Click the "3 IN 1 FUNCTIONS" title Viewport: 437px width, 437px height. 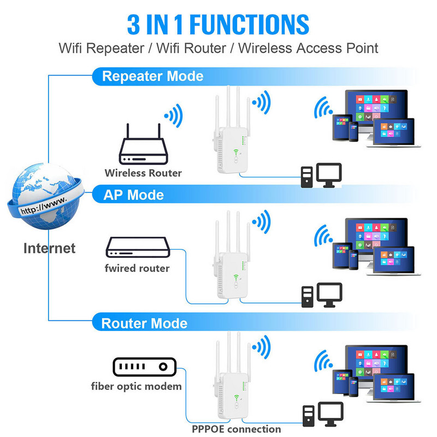[218, 24]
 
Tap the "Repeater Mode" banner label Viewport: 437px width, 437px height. [152, 76]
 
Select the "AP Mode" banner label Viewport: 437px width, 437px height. [133, 194]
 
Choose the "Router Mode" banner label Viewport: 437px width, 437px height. [144, 323]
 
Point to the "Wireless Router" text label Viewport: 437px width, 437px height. [143, 173]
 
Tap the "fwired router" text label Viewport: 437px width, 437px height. [137, 268]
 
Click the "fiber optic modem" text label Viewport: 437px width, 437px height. [136, 387]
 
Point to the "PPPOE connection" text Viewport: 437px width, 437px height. [236, 429]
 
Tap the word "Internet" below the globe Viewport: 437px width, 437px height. [49, 249]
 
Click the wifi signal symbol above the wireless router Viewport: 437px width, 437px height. [173, 116]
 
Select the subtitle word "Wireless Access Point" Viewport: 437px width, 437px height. [308, 48]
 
